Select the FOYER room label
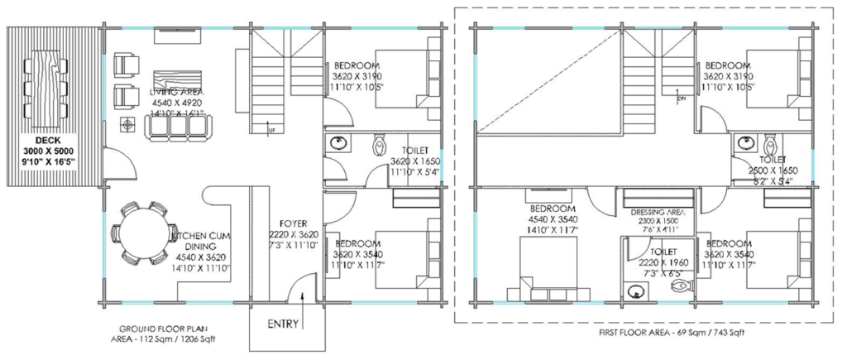pos(293,223)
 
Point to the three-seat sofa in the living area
pos(175,125)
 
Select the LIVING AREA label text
pos(177,91)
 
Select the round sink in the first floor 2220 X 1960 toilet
pos(635,290)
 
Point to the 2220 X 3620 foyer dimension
pos(293,234)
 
